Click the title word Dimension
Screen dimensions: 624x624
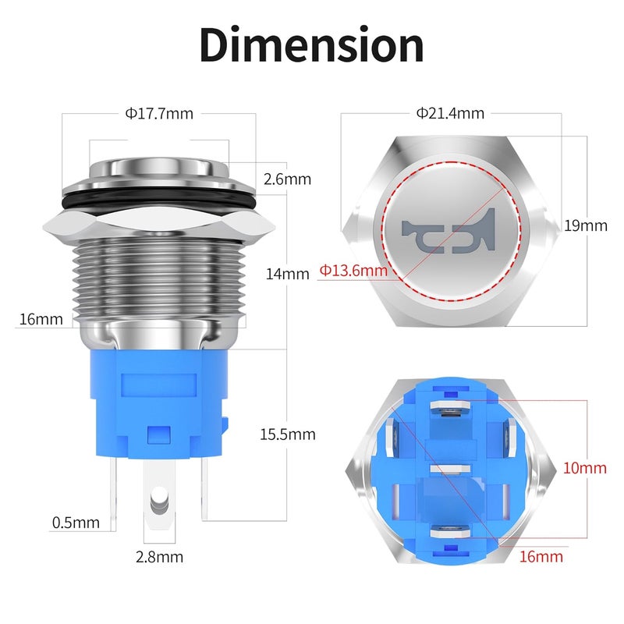tap(311, 46)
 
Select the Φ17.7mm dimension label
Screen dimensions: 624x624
tap(158, 113)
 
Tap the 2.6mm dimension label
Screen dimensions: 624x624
tap(287, 179)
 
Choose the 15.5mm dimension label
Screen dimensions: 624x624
tap(288, 434)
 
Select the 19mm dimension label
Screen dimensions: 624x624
tap(586, 226)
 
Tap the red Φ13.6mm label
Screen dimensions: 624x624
tap(353, 271)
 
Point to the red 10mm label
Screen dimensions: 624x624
tap(585, 468)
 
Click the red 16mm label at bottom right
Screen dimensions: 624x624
tap(540, 557)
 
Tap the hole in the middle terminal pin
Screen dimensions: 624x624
tap(159, 497)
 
